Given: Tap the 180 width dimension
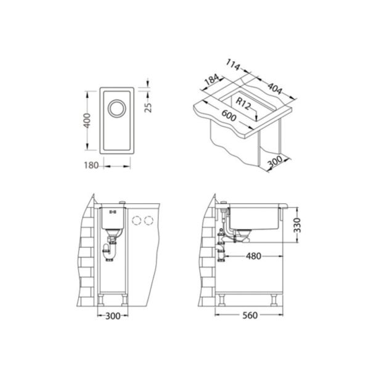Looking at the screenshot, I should [92, 165].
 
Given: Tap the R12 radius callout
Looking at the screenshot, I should [247, 104].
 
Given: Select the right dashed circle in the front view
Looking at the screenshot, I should [150, 219].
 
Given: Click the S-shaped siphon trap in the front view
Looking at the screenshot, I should [109, 250].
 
